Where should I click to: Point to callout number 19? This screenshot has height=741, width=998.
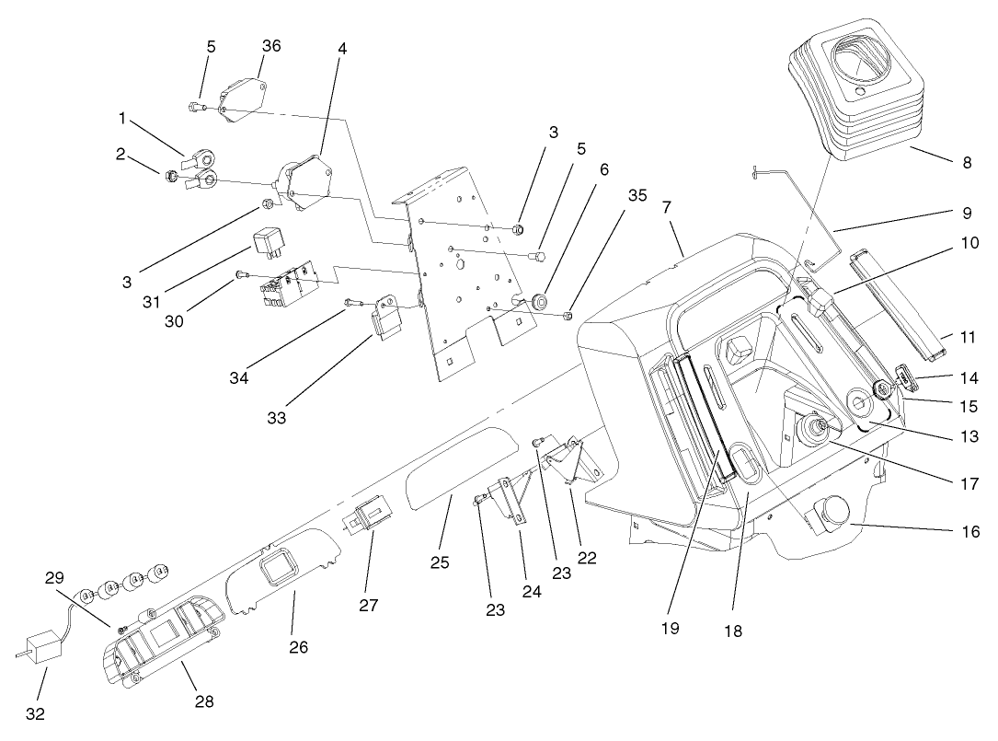click(669, 628)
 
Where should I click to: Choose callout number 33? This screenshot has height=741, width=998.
click(277, 417)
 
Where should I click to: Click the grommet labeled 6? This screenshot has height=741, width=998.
click(538, 301)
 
